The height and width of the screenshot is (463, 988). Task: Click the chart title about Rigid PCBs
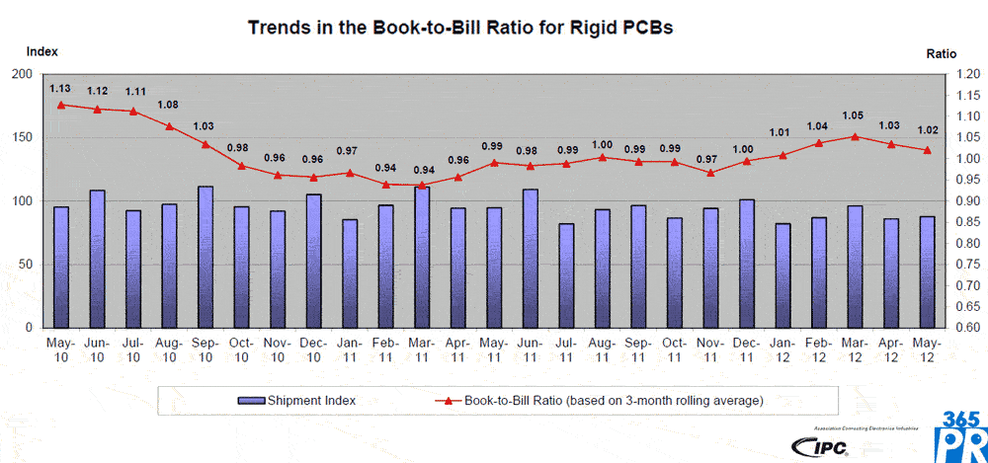[x=460, y=28]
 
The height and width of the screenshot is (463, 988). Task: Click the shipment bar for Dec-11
[x=747, y=264]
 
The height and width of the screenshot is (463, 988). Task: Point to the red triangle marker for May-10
[x=61, y=105]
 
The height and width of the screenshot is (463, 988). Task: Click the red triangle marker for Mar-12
[x=855, y=137]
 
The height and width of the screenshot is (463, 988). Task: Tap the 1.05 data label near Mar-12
[x=854, y=116]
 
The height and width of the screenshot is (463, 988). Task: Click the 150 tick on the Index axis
[x=21, y=137]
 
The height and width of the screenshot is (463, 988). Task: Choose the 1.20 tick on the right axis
[x=965, y=74]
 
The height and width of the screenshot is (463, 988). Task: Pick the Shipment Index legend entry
[x=295, y=401]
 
